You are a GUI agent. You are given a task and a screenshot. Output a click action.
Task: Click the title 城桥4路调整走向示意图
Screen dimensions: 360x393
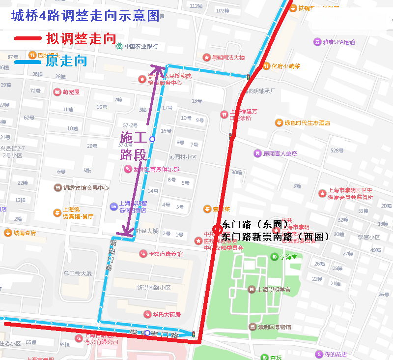pos(85,16)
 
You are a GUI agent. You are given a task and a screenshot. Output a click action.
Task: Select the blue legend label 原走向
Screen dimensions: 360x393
pos(66,61)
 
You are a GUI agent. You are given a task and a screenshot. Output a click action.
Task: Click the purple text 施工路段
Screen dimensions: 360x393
pos(133,146)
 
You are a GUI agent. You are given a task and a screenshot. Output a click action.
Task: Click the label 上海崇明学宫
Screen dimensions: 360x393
pos(273,290)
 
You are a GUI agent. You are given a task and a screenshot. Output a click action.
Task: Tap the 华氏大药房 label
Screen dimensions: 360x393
pos(166,314)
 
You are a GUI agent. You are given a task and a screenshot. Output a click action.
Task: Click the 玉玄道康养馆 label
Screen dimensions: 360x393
pos(166,254)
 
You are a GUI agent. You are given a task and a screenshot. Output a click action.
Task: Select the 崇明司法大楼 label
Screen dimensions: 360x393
pos(228,58)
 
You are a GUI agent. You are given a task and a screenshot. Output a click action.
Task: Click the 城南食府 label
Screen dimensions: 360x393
pos(25,233)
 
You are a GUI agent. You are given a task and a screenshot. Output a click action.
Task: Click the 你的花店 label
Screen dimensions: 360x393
pos(335,354)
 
